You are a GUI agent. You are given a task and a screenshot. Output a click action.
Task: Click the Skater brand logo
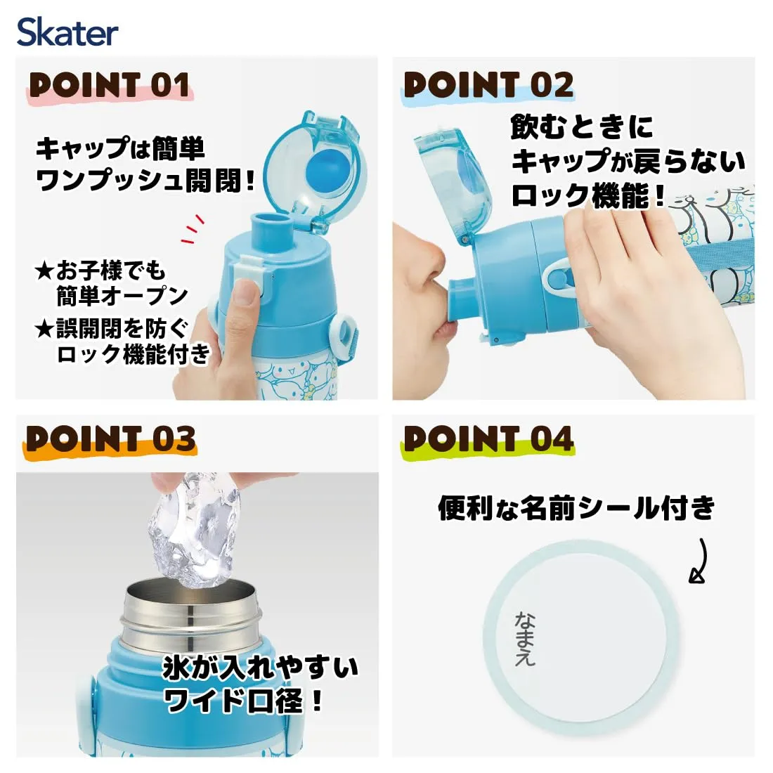(x=67, y=32)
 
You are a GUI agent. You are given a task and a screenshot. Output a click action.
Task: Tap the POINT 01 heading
(x=110, y=85)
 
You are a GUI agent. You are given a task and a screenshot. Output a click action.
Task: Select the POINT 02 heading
(x=488, y=85)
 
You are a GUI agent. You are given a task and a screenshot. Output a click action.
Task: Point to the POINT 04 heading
(x=488, y=439)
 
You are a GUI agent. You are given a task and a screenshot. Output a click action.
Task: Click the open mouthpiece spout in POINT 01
(x=271, y=229)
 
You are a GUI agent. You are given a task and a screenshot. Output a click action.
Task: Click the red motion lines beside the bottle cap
(x=193, y=229)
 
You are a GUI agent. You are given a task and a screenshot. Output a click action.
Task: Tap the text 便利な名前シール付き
(x=576, y=508)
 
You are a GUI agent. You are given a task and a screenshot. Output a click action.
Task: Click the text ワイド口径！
(x=244, y=700)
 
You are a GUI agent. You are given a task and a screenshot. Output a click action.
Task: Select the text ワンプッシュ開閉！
(x=146, y=181)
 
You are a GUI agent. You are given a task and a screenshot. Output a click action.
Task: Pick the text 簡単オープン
(x=122, y=296)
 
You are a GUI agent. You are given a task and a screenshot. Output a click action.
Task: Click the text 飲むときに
(x=582, y=127)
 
